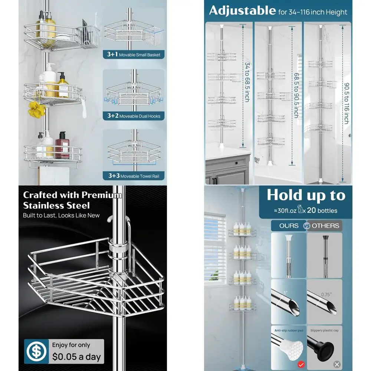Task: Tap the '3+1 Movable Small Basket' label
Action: tap(134, 55)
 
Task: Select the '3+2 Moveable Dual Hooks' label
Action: tap(134, 116)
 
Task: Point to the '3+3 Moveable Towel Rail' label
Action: tap(134, 176)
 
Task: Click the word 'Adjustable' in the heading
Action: tap(242, 11)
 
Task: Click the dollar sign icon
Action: tap(36, 351)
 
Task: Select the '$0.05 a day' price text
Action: tap(76, 357)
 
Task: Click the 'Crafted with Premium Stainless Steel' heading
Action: tap(72, 200)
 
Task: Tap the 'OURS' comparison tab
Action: tap(289, 226)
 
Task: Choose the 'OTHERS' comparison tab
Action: tap(325, 226)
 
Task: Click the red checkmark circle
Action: tap(301, 364)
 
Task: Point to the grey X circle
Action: tap(336, 364)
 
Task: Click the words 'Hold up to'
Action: tap(306, 195)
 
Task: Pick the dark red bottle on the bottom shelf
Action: tap(61, 144)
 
